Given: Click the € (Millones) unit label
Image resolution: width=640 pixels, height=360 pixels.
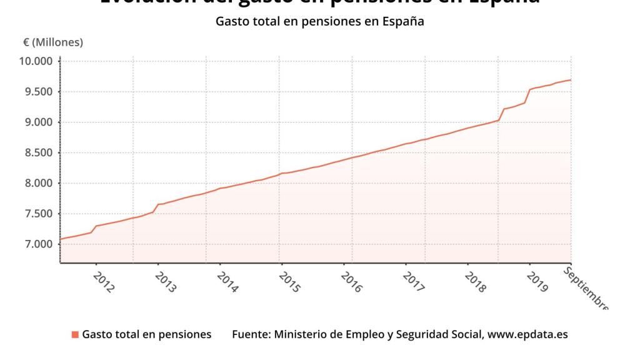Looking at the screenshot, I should click(x=53, y=42).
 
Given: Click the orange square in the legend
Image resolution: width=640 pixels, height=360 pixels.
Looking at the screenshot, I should click(x=75, y=334).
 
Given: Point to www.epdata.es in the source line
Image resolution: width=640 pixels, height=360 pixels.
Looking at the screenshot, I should click(x=527, y=334).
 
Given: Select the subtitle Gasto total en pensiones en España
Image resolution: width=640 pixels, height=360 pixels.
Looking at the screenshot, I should click(x=320, y=21).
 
